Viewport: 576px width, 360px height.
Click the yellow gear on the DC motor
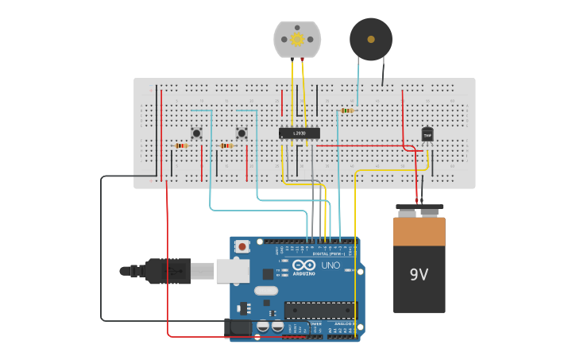[297, 40]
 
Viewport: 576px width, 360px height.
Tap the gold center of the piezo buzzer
[371, 39]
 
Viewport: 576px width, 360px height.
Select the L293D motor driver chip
[300, 134]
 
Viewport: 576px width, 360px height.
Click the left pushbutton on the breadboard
[196, 133]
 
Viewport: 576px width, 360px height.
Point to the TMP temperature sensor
[427, 134]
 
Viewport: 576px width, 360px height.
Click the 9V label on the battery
[419, 274]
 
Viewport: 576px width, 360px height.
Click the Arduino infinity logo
[303, 265]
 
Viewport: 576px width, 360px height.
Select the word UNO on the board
[330, 265]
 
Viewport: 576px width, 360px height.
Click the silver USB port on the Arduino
[232, 271]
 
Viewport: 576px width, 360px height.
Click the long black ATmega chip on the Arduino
[320, 311]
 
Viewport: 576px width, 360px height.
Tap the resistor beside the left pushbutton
[181, 146]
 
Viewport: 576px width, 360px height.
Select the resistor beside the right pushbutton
[226, 146]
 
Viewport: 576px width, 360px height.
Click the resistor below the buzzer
[347, 110]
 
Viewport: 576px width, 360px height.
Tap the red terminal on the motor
[292, 60]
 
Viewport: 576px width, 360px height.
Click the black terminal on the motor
[303, 60]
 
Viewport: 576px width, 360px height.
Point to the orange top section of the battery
[419, 231]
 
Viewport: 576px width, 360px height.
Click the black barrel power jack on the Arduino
[238, 326]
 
